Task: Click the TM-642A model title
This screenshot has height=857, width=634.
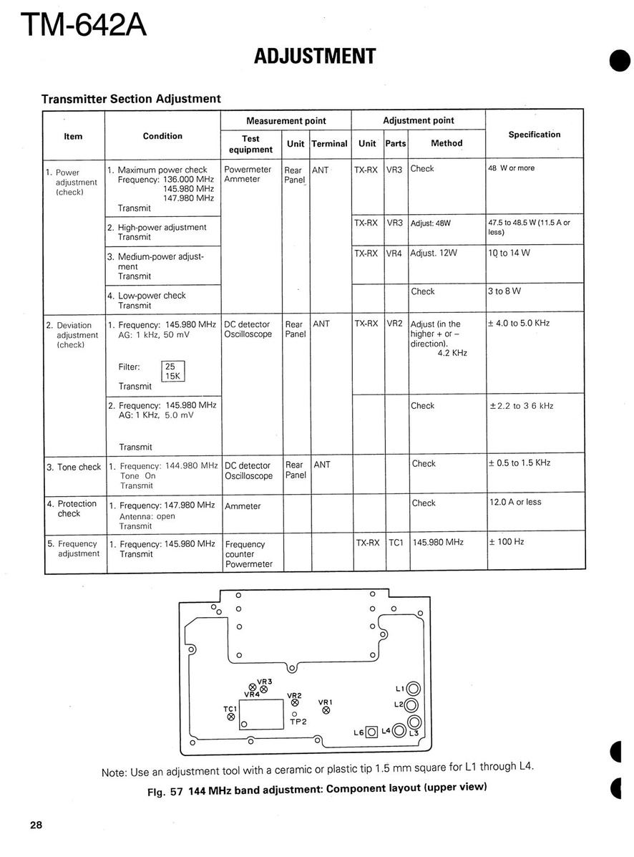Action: [84, 26]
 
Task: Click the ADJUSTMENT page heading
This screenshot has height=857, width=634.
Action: [315, 57]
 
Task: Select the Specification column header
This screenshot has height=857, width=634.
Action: [534, 135]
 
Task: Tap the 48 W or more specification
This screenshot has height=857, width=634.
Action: [511, 168]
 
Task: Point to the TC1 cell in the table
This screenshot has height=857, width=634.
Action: [396, 543]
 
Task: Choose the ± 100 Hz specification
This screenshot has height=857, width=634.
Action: [506, 542]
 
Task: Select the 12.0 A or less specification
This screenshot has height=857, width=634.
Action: [515, 502]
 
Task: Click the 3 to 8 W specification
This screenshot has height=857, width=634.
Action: [504, 291]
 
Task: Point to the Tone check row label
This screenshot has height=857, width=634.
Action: [74, 467]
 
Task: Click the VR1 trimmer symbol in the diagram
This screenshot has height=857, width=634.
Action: [326, 711]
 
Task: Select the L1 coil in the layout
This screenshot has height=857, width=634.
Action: [413, 690]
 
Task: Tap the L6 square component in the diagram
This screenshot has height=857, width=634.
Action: [371, 732]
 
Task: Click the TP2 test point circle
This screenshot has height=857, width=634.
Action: [294, 714]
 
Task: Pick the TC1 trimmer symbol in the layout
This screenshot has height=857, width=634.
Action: [230, 717]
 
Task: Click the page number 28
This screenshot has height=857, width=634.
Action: [36, 825]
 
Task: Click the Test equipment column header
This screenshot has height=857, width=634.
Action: [250, 144]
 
